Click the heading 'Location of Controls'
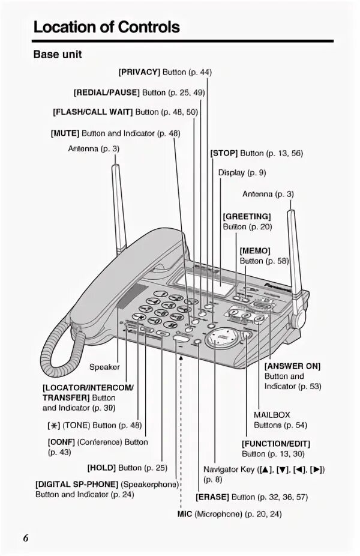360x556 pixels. pos(106,27)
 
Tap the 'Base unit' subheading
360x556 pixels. pos(57,55)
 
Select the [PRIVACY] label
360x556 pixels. pos(139,72)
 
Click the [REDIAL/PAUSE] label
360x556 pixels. pos(107,92)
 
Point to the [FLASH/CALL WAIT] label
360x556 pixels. pos(92,112)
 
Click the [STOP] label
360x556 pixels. pos(224,153)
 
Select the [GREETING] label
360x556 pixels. pos(247,216)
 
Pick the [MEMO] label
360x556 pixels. pos(255,250)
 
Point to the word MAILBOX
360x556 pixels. pos(272,414)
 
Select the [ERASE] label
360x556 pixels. pos(212,497)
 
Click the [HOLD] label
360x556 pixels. pos(102,467)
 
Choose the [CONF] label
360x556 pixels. pos(60,442)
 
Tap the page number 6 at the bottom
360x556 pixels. pos(26,537)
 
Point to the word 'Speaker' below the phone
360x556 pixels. pos(104,366)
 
